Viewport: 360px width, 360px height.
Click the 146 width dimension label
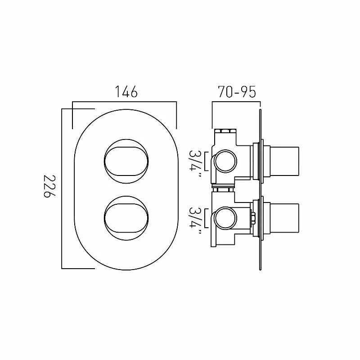tap(125, 93)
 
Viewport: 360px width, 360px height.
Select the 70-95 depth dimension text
tap(236, 92)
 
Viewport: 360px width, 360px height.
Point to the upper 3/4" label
tap(196, 161)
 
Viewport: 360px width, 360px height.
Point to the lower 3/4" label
tap(196, 218)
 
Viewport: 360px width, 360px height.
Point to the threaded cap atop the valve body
tap(226, 132)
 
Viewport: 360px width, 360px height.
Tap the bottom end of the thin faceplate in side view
tap(261, 268)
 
